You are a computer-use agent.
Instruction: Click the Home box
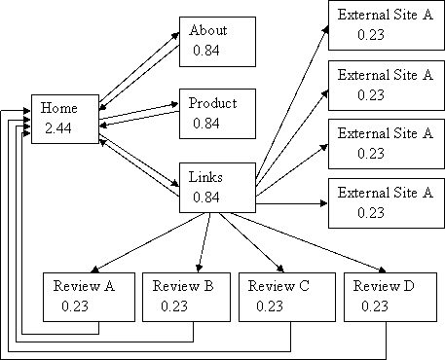coord(65,119)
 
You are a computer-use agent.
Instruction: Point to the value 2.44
coord(57,128)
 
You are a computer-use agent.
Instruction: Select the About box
coord(217,41)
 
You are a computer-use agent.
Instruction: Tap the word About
coord(208,31)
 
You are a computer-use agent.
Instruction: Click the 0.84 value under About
coord(205,51)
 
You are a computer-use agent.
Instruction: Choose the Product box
coord(217,114)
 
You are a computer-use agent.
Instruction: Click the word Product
coord(212,103)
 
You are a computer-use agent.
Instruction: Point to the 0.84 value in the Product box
coord(205,124)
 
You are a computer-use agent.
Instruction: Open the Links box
coord(217,187)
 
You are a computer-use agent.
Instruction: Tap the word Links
coord(206,178)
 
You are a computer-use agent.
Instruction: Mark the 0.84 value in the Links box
coord(205,198)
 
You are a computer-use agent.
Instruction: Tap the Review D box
coord(389,297)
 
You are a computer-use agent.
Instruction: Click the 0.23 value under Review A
coord(74,306)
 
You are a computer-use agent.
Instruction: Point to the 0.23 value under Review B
coord(173,306)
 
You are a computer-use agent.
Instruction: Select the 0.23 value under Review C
coord(269,306)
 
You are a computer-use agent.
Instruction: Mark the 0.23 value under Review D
coord(373,306)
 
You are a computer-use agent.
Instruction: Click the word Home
coord(58,109)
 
